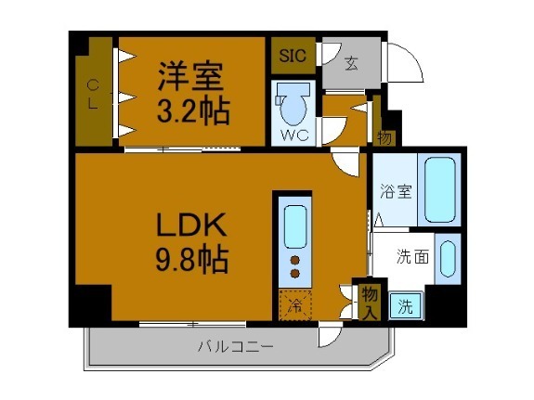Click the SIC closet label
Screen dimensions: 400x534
[x=293, y=55]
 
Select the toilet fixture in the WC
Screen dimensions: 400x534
[x=294, y=104]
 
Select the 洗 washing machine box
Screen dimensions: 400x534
[x=406, y=306]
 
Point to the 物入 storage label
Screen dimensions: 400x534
[x=369, y=301]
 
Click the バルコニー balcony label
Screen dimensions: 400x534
[x=235, y=348]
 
